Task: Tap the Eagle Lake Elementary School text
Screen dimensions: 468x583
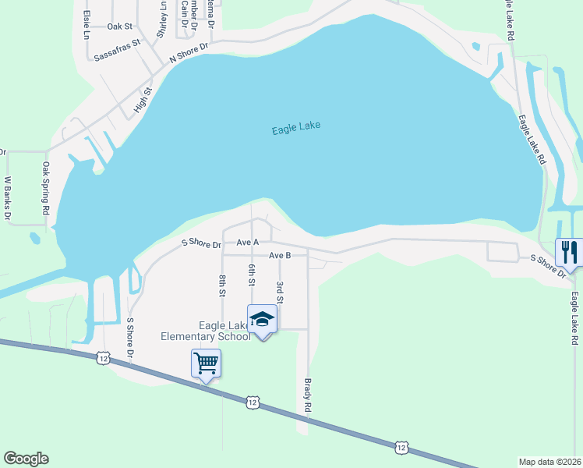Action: pyautogui.click(x=205, y=331)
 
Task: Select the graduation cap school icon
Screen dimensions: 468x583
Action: pyautogui.click(x=263, y=319)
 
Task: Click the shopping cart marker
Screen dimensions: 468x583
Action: pyautogui.click(x=206, y=362)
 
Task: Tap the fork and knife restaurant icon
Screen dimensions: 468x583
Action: pyautogui.click(x=569, y=252)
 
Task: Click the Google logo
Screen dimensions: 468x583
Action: pyautogui.click(x=26, y=459)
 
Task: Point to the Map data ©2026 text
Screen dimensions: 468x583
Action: pyautogui.click(x=550, y=462)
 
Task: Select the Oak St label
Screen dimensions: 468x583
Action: pyautogui.click(x=120, y=27)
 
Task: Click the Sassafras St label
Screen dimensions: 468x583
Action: pyautogui.click(x=116, y=50)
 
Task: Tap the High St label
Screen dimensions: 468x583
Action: pyautogui.click(x=142, y=100)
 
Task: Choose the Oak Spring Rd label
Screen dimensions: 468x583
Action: pyautogui.click(x=46, y=189)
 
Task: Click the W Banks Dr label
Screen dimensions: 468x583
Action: pyautogui.click(x=7, y=199)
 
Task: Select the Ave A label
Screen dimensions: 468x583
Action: pyautogui.click(x=247, y=243)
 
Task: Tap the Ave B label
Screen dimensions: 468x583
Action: pyautogui.click(x=280, y=255)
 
